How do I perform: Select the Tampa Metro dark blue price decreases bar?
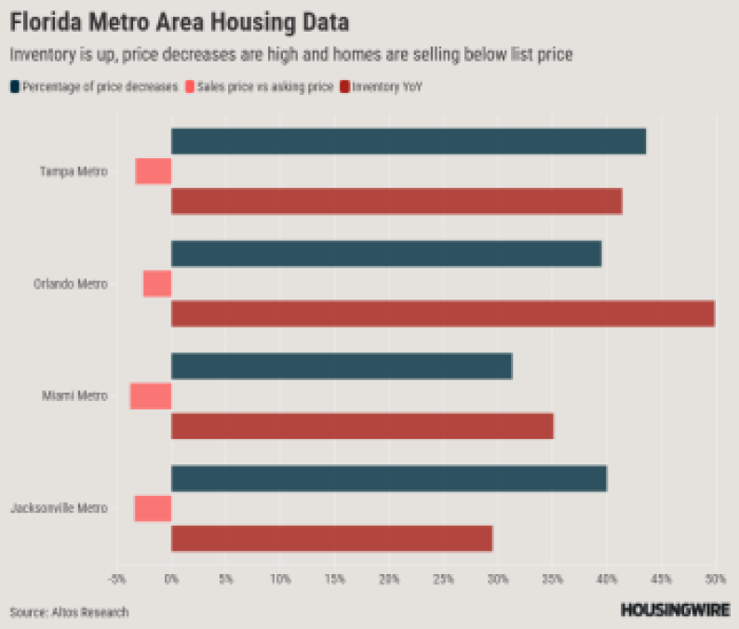pyautogui.click(x=408, y=141)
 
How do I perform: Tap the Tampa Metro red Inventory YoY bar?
pyautogui.click(x=396, y=201)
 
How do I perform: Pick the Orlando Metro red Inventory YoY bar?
pyautogui.click(x=442, y=314)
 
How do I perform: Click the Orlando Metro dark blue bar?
pyautogui.click(x=385, y=254)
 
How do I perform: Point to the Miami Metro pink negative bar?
pyautogui.click(x=151, y=396)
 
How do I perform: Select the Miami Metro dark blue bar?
pyautogui.click(x=341, y=367)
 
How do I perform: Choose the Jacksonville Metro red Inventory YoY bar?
pyautogui.click(x=331, y=539)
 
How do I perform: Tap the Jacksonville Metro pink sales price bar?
pyautogui.click(x=153, y=509)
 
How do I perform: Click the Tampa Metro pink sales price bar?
pyautogui.click(x=154, y=171)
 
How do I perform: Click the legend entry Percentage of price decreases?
pyautogui.click(x=94, y=87)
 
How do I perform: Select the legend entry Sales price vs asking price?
pyautogui.click(x=261, y=87)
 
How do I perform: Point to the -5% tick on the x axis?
pyautogui.click(x=116, y=580)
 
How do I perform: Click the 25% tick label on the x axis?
pyautogui.click(x=443, y=580)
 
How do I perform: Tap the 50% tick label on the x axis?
pyautogui.click(x=715, y=580)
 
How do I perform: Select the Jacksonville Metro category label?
pyautogui.click(x=59, y=509)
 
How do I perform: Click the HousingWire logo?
pyautogui.click(x=674, y=610)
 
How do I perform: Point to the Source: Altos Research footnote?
pyautogui.click(x=70, y=612)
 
